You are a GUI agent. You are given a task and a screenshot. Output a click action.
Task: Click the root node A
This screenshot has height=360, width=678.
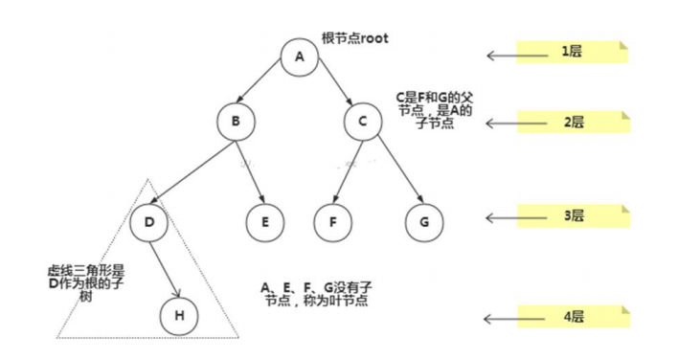299,56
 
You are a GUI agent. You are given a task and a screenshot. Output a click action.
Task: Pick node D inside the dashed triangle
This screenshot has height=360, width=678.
148,222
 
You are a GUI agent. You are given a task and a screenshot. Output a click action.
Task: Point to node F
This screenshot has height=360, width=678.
331,222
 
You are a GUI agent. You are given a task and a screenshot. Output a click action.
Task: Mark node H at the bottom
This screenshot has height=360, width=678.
179,315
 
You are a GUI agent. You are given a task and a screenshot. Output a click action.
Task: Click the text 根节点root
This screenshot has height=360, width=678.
354,37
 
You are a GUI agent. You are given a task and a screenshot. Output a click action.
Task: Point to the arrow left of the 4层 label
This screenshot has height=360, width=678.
501,317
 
